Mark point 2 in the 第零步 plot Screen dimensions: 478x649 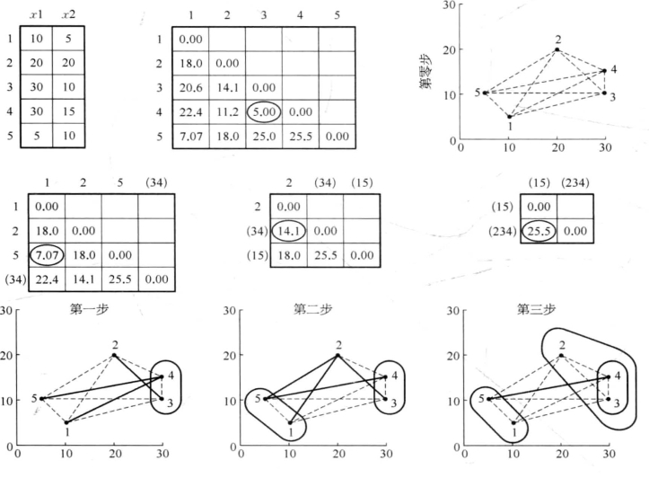click(x=557, y=49)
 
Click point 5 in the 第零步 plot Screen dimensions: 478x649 click(x=486, y=93)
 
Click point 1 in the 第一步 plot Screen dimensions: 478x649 click(x=66, y=421)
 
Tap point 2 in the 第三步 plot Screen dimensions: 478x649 click(x=562, y=355)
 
